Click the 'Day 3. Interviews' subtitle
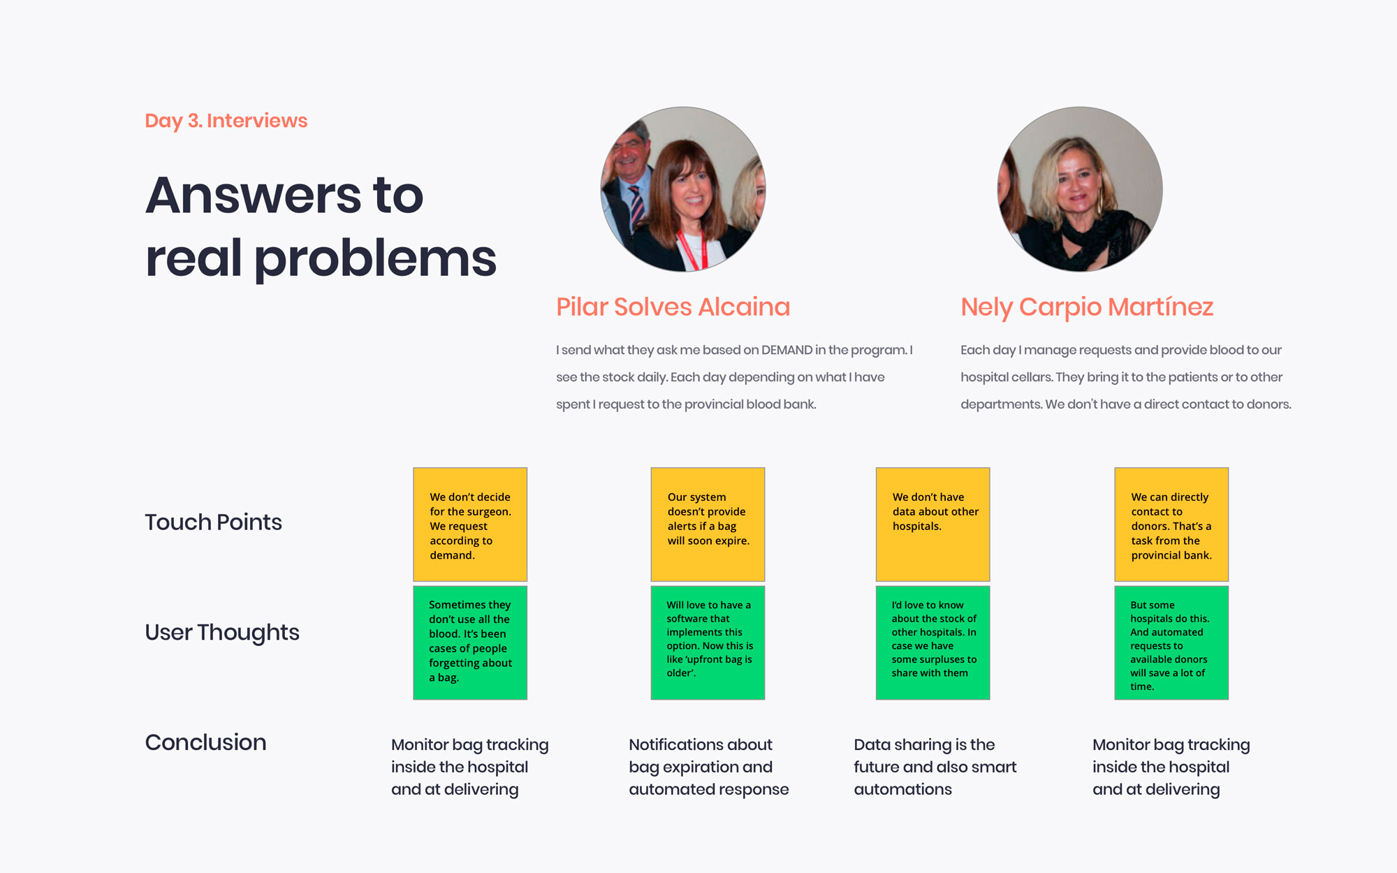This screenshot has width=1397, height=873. [226, 121]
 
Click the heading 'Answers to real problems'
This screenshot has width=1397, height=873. [321, 226]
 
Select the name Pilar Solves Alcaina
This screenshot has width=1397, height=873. [673, 307]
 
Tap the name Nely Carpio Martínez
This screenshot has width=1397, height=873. [1087, 307]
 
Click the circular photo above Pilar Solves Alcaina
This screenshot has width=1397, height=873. [683, 189]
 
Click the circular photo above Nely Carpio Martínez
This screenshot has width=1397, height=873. [1080, 189]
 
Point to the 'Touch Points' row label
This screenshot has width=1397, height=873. [213, 522]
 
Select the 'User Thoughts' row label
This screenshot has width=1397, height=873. [222, 633]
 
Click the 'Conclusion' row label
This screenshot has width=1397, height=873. [205, 742]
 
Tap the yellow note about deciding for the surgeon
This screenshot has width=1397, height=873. [470, 524]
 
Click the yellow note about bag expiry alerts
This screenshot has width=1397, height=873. [708, 524]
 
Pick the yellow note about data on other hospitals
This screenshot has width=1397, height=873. [932, 524]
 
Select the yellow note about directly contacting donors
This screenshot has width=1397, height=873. [1171, 524]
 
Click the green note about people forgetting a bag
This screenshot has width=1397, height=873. [470, 643]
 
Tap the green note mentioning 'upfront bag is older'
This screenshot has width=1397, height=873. [708, 643]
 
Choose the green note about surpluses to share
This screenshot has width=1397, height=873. [932, 643]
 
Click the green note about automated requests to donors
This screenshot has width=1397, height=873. [1171, 643]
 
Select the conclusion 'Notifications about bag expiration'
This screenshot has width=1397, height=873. [709, 767]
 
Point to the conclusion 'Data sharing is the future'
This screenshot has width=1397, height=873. [935, 767]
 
